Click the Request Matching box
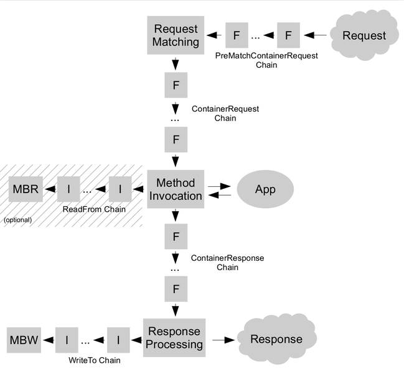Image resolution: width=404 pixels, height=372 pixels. pyautogui.click(x=176, y=35)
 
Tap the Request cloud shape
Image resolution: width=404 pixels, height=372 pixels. pyautogui.click(x=364, y=35)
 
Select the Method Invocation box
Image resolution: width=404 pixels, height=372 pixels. pyautogui.click(x=176, y=189)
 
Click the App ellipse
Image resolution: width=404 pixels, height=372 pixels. pyautogui.click(x=265, y=189)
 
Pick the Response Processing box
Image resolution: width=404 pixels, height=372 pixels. pyautogui.click(x=174, y=338)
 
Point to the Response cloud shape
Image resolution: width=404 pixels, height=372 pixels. pyautogui.click(x=276, y=339)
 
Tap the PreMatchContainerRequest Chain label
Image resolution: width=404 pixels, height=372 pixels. pyautogui.click(x=266, y=60)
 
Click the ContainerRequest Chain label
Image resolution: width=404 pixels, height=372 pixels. pyautogui.click(x=225, y=113)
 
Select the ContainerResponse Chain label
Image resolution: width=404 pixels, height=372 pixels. pyautogui.click(x=227, y=262)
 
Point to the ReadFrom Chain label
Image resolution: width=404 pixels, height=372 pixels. pyautogui.click(x=94, y=209)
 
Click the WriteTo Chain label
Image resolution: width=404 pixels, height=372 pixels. pyautogui.click(x=94, y=360)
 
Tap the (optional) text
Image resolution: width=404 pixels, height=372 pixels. pyautogui.click(x=17, y=220)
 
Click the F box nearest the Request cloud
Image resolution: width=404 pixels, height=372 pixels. pyautogui.click(x=288, y=35)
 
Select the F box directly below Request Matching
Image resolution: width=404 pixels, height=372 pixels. pyautogui.click(x=176, y=85)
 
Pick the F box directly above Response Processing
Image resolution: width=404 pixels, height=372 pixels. pyautogui.click(x=176, y=289)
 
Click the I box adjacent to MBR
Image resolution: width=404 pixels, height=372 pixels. pyautogui.click(x=68, y=189)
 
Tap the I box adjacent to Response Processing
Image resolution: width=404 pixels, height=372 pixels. pyautogui.click(x=118, y=340)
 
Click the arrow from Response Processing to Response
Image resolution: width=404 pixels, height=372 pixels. pyautogui.click(x=223, y=340)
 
